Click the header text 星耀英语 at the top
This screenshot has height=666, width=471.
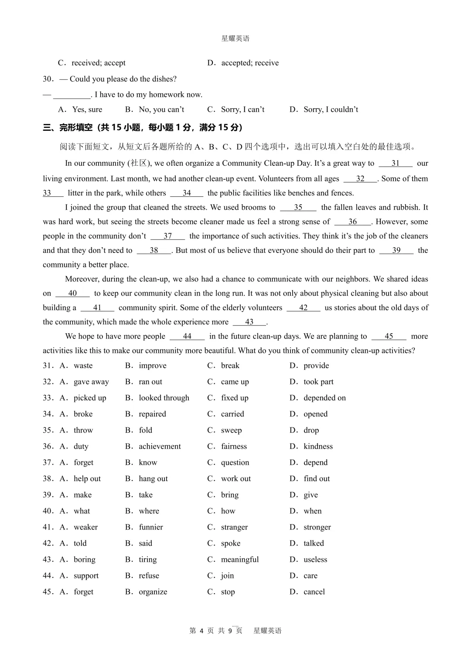pos(235,38)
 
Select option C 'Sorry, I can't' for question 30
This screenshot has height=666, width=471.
pos(242,109)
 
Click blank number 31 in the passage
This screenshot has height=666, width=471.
pos(395,163)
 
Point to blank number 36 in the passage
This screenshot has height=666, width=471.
pos(352,222)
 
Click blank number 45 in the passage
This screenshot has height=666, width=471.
pos(389,336)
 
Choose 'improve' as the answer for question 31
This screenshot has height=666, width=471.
pos(152,365)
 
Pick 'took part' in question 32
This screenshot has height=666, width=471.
pos(318,382)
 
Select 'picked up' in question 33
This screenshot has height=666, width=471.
pos(90,398)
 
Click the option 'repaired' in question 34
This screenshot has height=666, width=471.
pos(152,414)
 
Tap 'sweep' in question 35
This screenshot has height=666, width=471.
pos(231,430)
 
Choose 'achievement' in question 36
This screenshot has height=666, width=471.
pos(160,446)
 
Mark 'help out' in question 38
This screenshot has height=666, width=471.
pos(87,478)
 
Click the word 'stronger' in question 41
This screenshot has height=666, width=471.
pos(317,527)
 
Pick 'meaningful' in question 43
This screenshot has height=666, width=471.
pos(239,559)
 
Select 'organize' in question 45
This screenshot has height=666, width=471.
pos(153,592)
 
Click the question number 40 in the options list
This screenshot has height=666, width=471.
pos(48,511)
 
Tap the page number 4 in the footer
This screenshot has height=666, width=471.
pos(201,631)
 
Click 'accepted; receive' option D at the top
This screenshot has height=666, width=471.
pos(250,63)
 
